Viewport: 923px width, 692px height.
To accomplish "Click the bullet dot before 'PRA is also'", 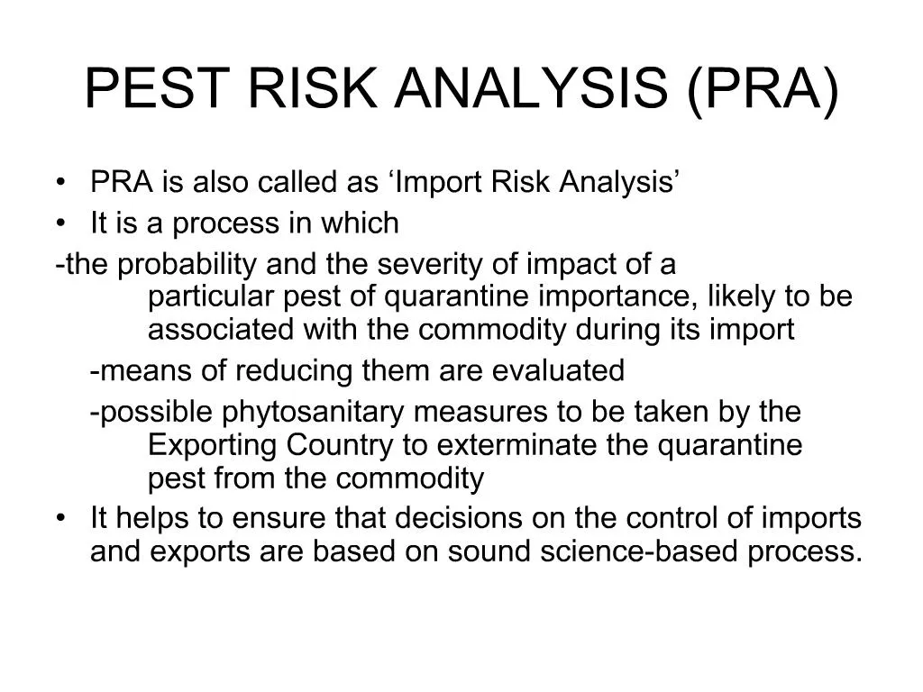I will click(60, 183).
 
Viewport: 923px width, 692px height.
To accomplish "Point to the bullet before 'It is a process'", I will click(60, 223).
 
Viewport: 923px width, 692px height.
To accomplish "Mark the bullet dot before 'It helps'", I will click(60, 519).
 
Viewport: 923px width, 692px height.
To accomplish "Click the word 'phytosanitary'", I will click(314, 413).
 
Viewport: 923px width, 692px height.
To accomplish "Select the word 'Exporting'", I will click(214, 445).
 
